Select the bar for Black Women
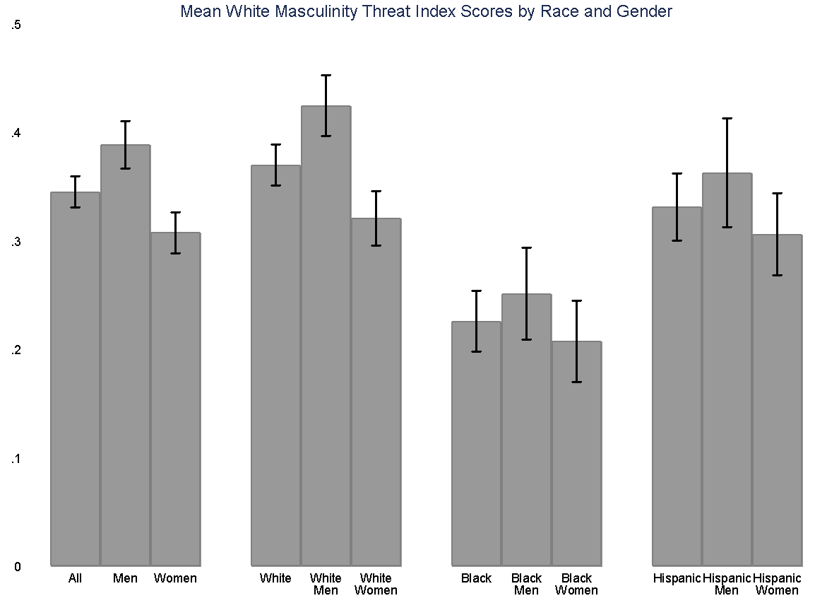pyautogui.click(x=576, y=452)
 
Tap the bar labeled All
pyautogui.click(x=75, y=382)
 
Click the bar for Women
pyautogui.click(x=175, y=396)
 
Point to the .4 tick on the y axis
pyautogui.click(x=16, y=133)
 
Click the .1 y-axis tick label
pyautogui.click(x=16, y=459)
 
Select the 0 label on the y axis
pyautogui.click(x=17, y=566)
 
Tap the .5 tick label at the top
pyautogui.click(x=16, y=25)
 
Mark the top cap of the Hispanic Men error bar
pyautogui.click(x=727, y=118)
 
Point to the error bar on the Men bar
pyautogui.click(x=125, y=144)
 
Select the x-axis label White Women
pyautogui.click(x=376, y=584)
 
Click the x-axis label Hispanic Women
pyautogui.click(x=777, y=584)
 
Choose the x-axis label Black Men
pyautogui.click(x=526, y=584)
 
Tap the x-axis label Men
pyautogui.click(x=125, y=578)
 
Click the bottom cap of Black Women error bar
pyautogui.click(x=576, y=382)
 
